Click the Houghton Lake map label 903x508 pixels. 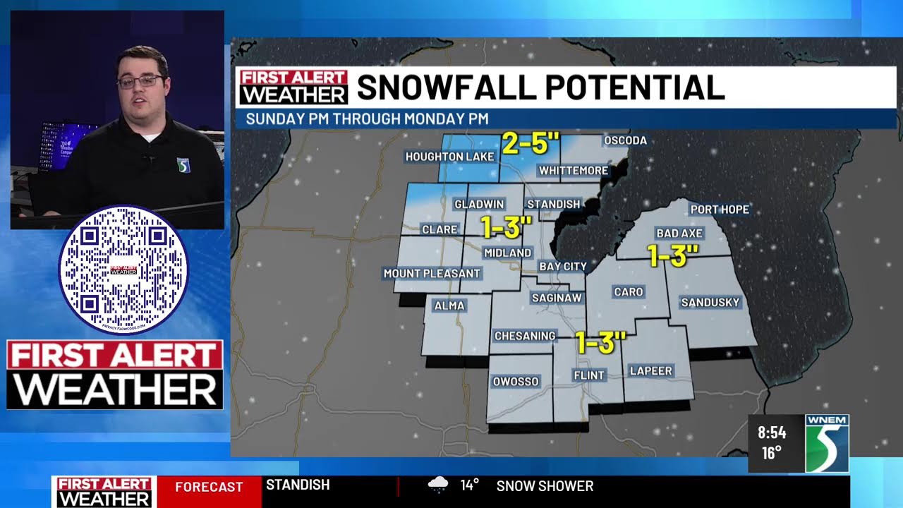point(449,156)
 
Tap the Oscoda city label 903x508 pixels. point(625,140)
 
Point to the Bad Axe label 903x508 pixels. point(679,233)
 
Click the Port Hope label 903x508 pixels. point(720,210)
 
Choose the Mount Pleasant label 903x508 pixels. point(431,273)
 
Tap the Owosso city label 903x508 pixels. point(516,382)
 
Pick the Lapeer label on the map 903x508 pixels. point(650,370)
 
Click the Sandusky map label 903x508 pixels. point(710,303)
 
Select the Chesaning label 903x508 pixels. point(525,336)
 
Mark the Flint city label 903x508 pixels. point(588,375)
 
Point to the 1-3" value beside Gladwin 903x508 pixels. point(506,228)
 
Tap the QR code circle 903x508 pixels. point(123,270)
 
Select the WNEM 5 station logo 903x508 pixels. point(827,443)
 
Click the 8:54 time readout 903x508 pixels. point(772,433)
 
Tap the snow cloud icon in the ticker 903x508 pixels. point(438,485)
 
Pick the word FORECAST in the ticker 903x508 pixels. point(209,487)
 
